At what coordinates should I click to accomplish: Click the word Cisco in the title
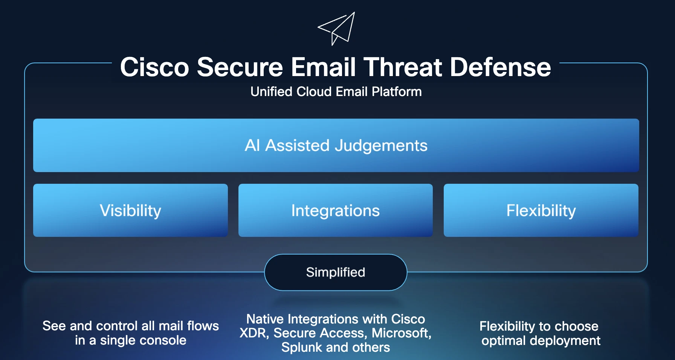click(x=154, y=67)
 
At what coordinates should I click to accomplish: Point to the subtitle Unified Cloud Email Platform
click(x=336, y=92)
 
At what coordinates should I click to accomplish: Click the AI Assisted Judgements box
click(x=336, y=145)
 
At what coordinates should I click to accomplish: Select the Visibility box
click(x=130, y=210)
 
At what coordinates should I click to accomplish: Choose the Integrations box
click(x=335, y=210)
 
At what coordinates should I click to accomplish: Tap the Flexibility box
click(x=541, y=210)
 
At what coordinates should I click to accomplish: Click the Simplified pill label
click(x=336, y=272)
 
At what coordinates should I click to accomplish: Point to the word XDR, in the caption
click(x=254, y=333)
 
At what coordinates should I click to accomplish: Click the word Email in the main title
click(x=323, y=67)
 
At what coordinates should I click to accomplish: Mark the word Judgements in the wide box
click(x=381, y=146)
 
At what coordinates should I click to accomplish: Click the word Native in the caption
click(x=265, y=319)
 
